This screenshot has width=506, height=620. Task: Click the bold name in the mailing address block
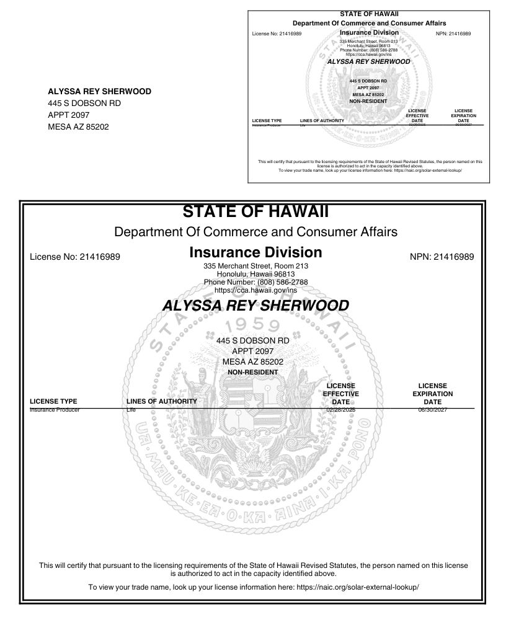(x=99, y=91)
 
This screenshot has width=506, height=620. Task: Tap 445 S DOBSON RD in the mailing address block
(x=84, y=103)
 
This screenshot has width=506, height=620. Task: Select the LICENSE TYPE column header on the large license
(x=53, y=401)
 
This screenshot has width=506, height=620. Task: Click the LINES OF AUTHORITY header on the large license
(x=161, y=401)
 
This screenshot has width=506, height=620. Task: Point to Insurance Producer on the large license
(x=55, y=410)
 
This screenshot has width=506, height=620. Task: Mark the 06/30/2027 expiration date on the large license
(x=432, y=410)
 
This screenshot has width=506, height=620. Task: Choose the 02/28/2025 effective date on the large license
(x=340, y=410)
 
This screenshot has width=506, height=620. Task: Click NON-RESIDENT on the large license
(x=253, y=372)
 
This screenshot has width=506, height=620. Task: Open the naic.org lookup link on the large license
(x=358, y=587)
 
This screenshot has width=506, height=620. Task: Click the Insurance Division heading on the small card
(x=369, y=32)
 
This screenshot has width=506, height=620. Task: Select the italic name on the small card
(x=368, y=62)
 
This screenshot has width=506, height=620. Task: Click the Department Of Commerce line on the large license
(x=255, y=232)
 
